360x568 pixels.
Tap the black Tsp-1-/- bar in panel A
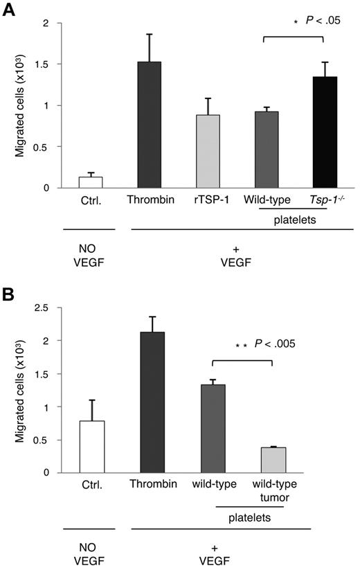click(324, 132)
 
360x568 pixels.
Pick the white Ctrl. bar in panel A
click(91, 181)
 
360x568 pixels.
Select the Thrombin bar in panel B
click(152, 402)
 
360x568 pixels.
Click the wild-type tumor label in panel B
click(273, 489)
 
